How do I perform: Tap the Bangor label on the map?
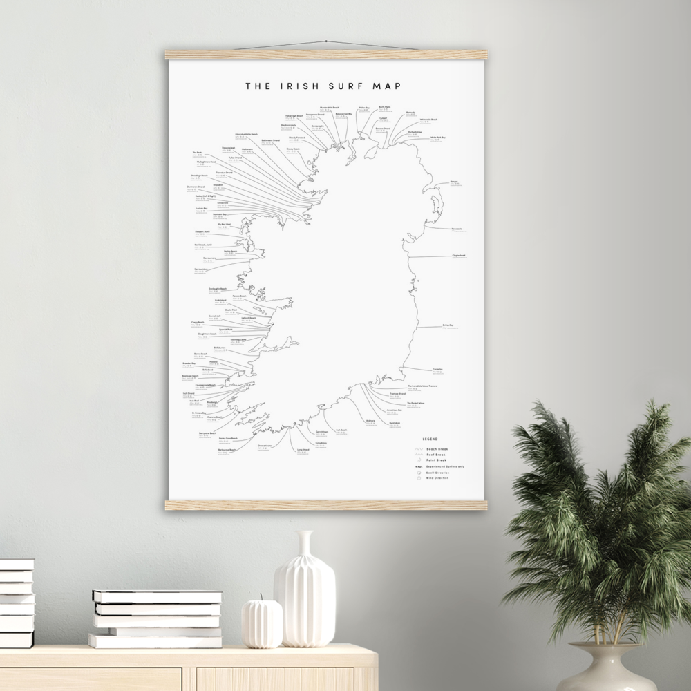[454, 182]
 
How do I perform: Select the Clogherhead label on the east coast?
[459, 255]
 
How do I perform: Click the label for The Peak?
[197, 153]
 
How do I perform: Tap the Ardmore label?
[371, 420]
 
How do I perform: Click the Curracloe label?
[437, 369]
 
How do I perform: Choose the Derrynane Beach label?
[208, 433]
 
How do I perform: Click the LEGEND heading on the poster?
[430, 439]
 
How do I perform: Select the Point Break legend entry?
[437, 460]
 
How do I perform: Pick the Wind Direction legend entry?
[438, 478]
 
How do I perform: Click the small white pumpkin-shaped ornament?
[262, 623]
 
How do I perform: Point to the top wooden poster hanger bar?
[326, 55]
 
